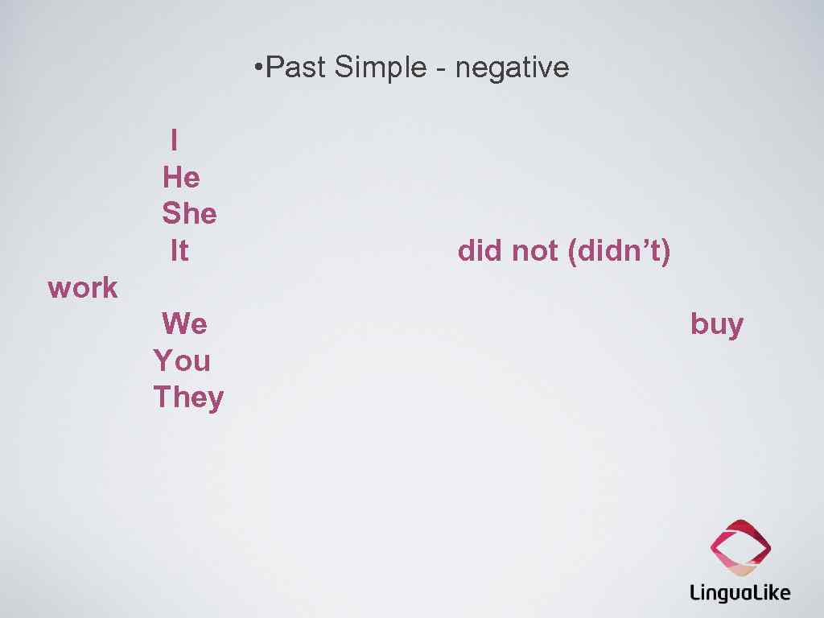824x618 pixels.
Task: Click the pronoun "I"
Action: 175,140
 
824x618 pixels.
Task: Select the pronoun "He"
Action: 181,177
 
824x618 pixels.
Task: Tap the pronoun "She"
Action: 189,214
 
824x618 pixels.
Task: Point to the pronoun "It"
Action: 179,251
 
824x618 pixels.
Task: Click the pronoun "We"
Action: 184,324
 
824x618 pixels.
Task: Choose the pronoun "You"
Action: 182,360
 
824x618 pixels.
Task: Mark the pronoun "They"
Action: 188,398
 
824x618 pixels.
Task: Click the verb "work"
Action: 83,287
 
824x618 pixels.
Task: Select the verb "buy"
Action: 717,325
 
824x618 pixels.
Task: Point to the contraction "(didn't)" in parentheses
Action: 619,251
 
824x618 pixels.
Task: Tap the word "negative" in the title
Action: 512,68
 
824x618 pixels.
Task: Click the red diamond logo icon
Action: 740,548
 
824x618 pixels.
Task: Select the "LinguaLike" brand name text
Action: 740,594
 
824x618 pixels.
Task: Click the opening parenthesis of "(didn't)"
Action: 571,252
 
